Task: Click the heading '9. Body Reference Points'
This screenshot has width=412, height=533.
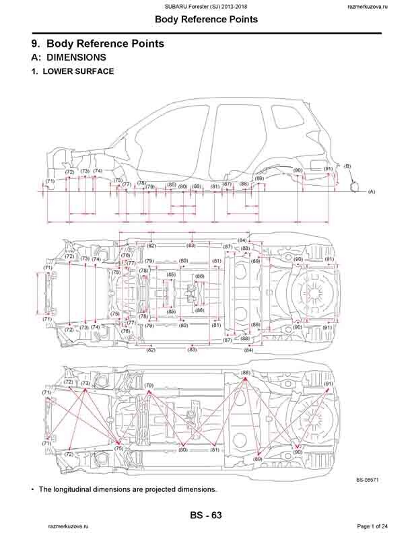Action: tap(98, 44)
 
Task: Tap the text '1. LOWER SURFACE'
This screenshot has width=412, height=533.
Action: tap(73, 71)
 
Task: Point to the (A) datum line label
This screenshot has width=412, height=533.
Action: tap(371, 192)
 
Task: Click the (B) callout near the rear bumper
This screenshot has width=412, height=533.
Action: tap(347, 166)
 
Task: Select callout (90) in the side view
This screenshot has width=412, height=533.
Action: tap(298, 170)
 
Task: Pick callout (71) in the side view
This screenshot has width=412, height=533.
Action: tap(50, 181)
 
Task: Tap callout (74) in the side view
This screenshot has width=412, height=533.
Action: tap(98, 171)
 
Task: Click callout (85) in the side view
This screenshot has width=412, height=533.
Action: tap(171, 184)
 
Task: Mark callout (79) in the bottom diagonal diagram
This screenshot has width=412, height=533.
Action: tap(149, 386)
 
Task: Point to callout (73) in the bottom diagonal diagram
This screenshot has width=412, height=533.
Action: tap(85, 383)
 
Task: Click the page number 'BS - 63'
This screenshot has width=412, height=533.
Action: tap(205, 516)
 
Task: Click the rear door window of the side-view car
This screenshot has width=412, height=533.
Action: tap(234, 125)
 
